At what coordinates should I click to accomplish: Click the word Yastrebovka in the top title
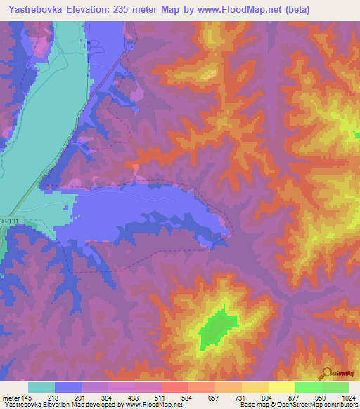pos(34,9)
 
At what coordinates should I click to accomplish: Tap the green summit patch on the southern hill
pos(217,327)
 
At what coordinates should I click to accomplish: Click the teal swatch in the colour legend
pos(41,387)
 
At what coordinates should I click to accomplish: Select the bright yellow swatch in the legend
pos(281,387)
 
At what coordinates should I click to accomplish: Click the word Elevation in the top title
pos(93,9)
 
